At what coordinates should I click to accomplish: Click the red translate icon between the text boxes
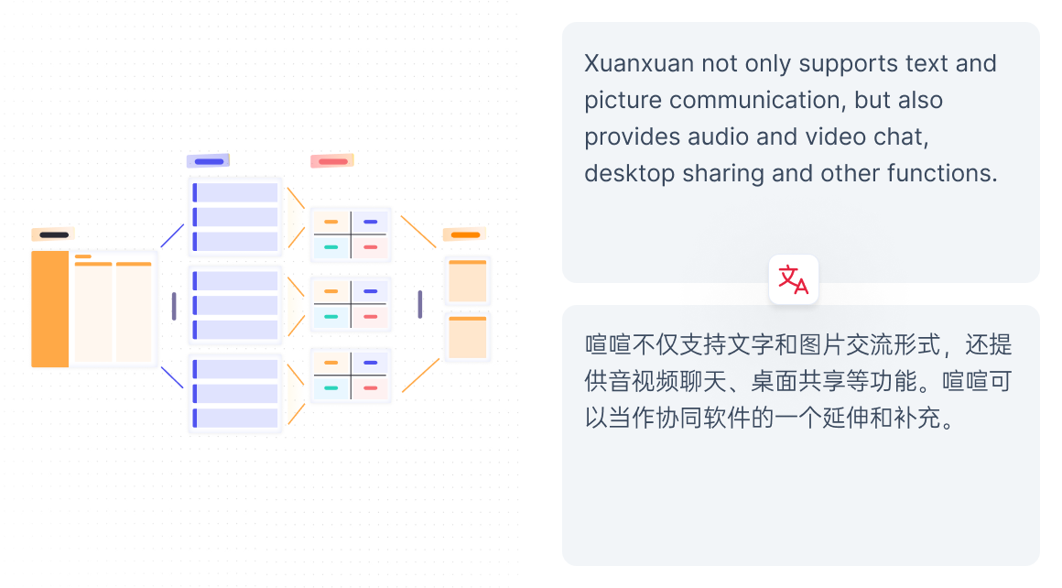[x=794, y=279]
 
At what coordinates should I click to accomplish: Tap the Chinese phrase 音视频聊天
[x=656, y=382]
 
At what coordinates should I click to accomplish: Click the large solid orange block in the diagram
[x=49, y=309]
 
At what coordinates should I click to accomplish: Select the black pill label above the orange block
[x=54, y=235]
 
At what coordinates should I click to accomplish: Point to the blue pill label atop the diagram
[x=209, y=161]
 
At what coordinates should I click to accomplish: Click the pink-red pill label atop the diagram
[x=331, y=161]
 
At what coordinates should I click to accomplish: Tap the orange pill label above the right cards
[x=465, y=234]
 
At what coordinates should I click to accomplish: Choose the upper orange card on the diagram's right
[x=467, y=281]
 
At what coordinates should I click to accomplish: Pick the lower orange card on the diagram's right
[x=467, y=337]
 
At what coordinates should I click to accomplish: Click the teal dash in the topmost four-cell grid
[x=331, y=247]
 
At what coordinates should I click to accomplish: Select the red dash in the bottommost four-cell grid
[x=370, y=388]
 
